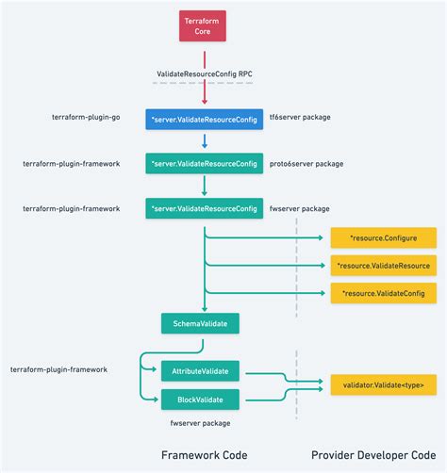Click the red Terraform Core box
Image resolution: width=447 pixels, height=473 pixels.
tap(204, 26)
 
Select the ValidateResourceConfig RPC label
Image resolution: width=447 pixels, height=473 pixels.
tap(204, 73)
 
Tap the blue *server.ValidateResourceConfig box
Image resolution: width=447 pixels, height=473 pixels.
tap(204, 120)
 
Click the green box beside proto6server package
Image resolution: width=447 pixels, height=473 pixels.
tap(204, 164)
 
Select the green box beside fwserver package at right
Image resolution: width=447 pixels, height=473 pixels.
tap(204, 207)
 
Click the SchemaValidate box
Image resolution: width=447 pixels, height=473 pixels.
tap(200, 324)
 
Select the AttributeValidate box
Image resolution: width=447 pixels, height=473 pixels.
tap(200, 370)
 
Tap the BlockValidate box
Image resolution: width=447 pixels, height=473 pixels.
tap(200, 399)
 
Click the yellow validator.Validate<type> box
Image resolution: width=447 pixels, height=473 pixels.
tap(383, 384)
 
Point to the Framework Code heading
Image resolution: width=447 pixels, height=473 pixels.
tap(204, 455)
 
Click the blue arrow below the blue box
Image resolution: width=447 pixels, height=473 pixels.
tap(204, 142)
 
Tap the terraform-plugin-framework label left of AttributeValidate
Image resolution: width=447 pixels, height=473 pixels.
tap(58, 370)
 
